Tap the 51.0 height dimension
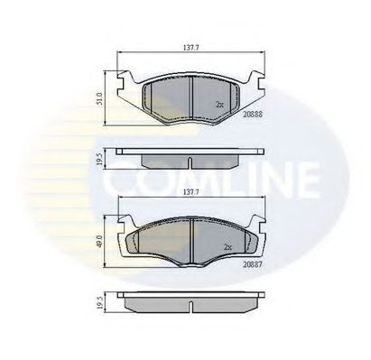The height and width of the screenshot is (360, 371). pos(101,96)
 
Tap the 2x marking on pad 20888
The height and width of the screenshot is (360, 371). pos(220,105)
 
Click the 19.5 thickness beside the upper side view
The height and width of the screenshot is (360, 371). pos(102,159)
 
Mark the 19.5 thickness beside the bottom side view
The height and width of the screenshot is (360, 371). pos(102,303)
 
